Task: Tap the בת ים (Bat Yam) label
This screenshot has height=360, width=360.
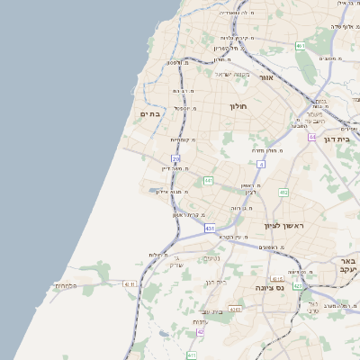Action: coord(149,113)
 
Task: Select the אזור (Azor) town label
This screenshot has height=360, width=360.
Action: coord(265,78)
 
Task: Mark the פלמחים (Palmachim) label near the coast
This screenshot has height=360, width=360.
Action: coord(67,285)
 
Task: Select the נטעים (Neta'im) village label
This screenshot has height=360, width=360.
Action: coord(211,259)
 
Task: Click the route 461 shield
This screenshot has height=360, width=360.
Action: coord(301,45)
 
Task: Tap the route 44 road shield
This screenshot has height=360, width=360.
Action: coord(311,138)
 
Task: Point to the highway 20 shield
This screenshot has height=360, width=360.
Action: coord(176,159)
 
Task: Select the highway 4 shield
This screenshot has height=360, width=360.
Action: coord(261,165)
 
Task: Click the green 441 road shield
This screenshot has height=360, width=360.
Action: coord(208,181)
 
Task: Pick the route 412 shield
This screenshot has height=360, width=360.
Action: coord(283,193)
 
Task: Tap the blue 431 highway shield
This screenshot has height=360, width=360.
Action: coord(209,229)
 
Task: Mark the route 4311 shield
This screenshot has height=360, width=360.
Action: coord(129,284)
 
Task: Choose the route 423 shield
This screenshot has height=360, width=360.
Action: coord(297,286)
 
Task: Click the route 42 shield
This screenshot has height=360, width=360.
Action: coord(200,332)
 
